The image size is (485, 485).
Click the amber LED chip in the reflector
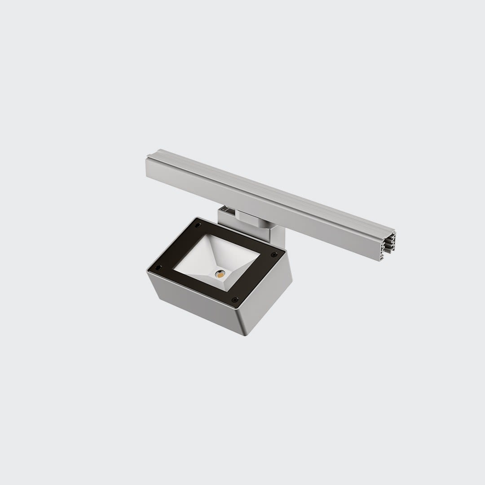coord(220,273)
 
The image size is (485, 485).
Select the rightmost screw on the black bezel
coord(274,255)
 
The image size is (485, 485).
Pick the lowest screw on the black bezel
coord(234,299)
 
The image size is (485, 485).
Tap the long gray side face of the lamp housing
coord(198,305)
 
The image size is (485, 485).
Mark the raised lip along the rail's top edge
coord(269,185)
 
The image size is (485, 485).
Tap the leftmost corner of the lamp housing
coord(148,270)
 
